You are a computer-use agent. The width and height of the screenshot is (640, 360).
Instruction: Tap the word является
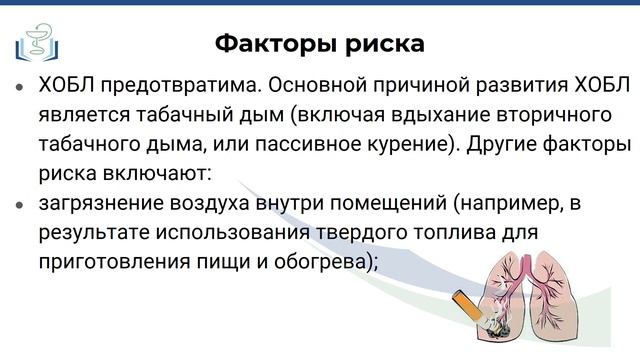pyautogui.click(x=86, y=116)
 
